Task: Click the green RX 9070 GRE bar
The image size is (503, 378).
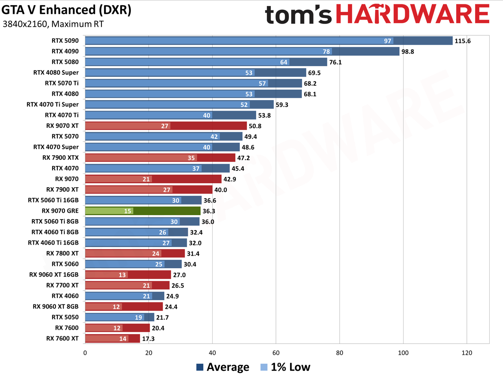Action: [x=143, y=211]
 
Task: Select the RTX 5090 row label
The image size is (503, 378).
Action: [x=65, y=41]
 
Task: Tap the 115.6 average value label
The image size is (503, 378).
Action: [x=463, y=41]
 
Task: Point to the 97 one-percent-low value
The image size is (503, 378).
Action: [x=387, y=41]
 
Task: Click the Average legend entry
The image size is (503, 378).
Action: [x=223, y=367]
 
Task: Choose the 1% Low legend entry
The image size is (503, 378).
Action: [x=285, y=367]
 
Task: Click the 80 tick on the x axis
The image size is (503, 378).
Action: [x=340, y=353]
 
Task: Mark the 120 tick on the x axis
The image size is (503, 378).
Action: [x=467, y=353]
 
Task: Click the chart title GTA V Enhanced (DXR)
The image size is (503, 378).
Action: [x=66, y=10]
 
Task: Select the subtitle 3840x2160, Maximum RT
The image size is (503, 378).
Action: [x=53, y=24]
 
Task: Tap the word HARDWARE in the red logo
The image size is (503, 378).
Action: [x=413, y=14]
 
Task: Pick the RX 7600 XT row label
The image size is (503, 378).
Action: [x=62, y=339]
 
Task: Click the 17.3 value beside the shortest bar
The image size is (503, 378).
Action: [x=148, y=339]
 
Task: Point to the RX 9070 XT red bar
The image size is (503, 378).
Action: [x=166, y=126]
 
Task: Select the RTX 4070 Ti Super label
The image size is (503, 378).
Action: [x=53, y=105]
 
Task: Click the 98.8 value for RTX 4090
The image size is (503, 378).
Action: [x=408, y=52]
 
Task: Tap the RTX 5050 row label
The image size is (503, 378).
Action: [x=65, y=317]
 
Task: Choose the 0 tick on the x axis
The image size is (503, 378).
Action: [x=85, y=353]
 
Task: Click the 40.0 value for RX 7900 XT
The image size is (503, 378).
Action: [x=221, y=190]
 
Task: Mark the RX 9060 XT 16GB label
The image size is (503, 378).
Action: [x=54, y=275]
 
